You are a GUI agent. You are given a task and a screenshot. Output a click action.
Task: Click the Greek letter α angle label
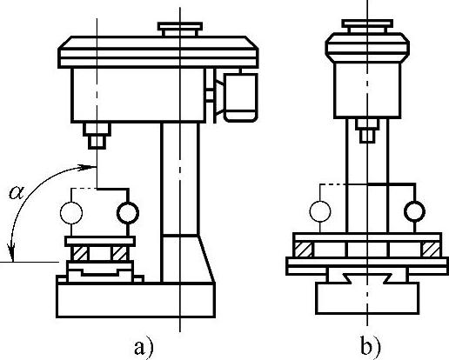17,192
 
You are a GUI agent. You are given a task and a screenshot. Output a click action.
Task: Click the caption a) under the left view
144,347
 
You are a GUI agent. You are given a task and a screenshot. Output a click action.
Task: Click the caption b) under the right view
371,346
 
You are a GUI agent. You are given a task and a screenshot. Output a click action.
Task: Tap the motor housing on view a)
240,97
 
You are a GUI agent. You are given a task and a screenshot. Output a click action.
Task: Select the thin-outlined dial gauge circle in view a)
71,213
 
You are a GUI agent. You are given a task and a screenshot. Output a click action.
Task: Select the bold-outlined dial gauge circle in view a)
128,213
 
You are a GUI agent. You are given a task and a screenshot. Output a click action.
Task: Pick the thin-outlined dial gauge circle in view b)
320,211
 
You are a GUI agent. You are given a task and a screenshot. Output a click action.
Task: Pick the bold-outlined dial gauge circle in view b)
415,211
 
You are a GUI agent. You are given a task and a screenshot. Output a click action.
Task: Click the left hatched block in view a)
80,253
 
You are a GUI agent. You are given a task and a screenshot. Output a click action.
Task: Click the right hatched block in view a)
119,253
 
